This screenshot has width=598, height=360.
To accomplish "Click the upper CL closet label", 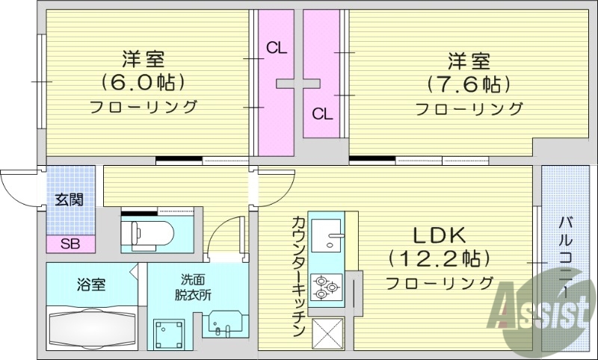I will [277, 49].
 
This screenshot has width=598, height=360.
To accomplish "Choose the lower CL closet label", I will [322, 114].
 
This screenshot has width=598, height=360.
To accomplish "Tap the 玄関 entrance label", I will [70, 199].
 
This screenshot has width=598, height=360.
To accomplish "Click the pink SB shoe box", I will [70, 243].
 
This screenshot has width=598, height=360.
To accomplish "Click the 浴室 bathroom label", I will [91, 285].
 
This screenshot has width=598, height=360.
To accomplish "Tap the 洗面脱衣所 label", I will [195, 288].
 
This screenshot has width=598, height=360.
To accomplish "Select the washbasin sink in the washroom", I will [222, 327].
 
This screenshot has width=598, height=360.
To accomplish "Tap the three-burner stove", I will [327, 287].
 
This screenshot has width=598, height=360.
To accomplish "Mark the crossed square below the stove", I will [327, 332].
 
